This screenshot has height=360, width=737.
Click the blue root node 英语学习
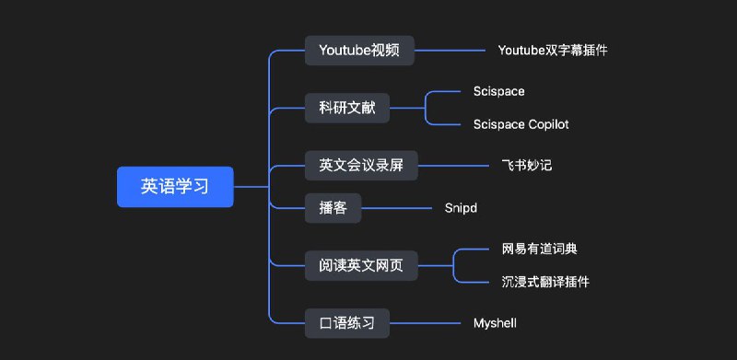[175, 187]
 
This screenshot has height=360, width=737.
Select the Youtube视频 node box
[359, 51]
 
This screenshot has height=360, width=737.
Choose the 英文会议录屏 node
[361, 166]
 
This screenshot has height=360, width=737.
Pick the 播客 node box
[333, 208]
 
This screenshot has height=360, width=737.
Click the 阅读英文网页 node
[361, 267]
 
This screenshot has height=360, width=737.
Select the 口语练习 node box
[346, 323]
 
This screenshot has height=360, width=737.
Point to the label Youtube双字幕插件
[552, 51]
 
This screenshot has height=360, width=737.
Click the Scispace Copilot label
[521, 123]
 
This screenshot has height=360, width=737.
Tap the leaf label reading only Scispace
[498, 91]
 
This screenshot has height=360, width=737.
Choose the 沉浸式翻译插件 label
[545, 282]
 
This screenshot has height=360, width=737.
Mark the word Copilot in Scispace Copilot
[548, 123]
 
